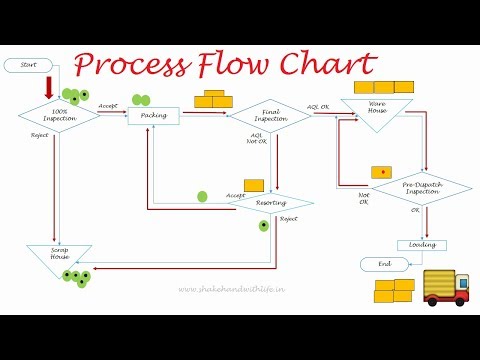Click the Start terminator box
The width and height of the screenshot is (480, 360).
29,65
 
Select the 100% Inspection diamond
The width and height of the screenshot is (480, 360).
59,115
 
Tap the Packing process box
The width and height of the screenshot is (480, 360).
153,115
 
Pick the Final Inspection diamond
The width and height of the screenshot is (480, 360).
270,115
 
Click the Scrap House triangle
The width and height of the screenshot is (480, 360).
59,257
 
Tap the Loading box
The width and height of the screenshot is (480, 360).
421,245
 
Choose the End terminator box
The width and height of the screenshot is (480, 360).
385,264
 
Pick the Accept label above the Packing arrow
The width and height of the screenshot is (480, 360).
109,104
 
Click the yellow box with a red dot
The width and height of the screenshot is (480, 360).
381,172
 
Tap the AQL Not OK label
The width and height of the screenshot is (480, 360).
256,138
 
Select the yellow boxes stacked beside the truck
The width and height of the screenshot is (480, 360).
394,291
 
